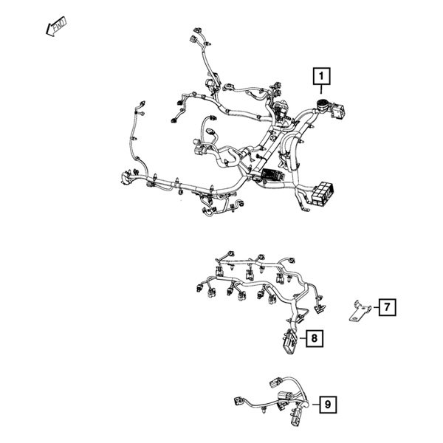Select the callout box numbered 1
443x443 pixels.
[x=323, y=75]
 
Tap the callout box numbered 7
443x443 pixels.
[x=388, y=306]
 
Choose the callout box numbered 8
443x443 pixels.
[x=315, y=338]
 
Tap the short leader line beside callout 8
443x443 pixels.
[x=301, y=338]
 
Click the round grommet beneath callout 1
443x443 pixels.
[x=323, y=104]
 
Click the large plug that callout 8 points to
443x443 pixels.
[x=288, y=344]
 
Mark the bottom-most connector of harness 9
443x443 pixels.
[x=297, y=420]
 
